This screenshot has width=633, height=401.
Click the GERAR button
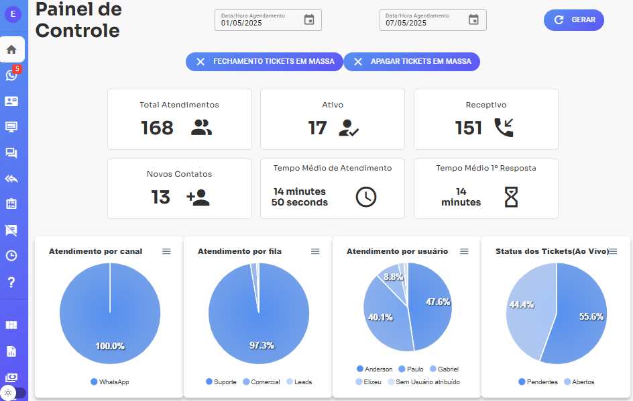click(x=574, y=20)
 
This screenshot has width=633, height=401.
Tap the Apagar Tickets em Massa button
click(x=412, y=62)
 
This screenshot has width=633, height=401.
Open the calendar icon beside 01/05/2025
click(x=309, y=20)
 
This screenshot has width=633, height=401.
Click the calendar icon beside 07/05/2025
click(x=473, y=20)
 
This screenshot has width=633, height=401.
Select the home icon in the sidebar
click(x=11, y=49)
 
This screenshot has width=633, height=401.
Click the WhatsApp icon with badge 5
click(x=11, y=75)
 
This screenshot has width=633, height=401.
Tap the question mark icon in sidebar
click(x=11, y=281)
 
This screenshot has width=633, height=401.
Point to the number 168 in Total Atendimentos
click(x=157, y=128)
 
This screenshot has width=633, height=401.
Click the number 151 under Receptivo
click(x=468, y=128)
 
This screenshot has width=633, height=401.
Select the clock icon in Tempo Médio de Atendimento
click(x=365, y=197)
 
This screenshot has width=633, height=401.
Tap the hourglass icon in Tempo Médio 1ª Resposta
click(x=512, y=197)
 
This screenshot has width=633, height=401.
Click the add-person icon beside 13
click(x=198, y=197)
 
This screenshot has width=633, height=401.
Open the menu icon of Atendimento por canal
click(x=166, y=251)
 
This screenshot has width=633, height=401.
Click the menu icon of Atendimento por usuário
click(x=464, y=251)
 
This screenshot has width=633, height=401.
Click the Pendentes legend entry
click(x=538, y=382)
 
